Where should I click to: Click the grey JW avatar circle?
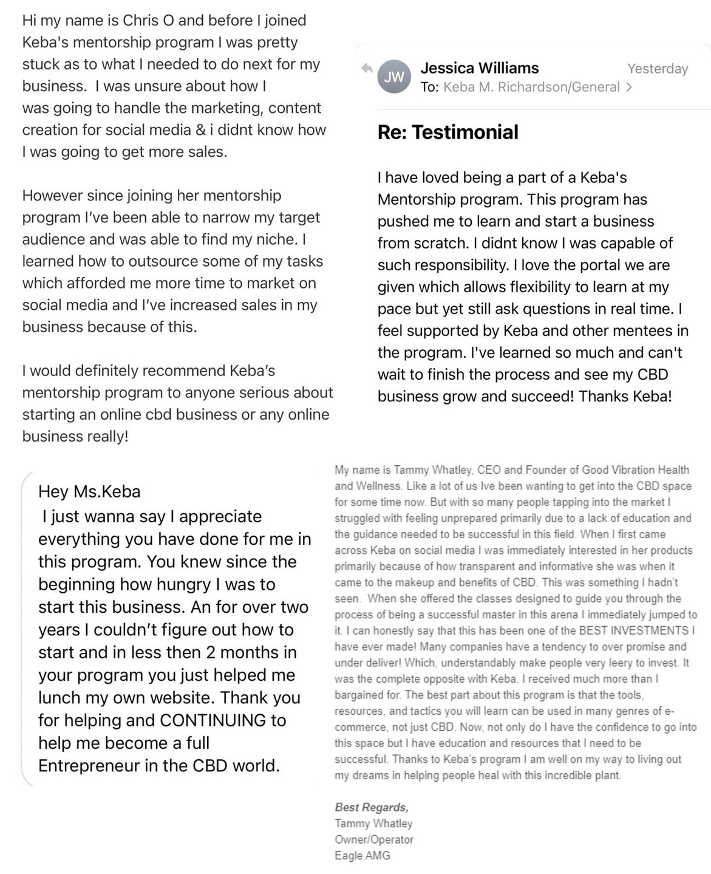pyautogui.click(x=394, y=77)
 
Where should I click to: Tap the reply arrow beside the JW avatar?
pyautogui.click(x=367, y=68)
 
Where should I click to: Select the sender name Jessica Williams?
pyautogui.click(x=479, y=68)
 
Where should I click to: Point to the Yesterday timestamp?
pyautogui.click(x=658, y=69)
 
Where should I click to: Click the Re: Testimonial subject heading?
pyautogui.click(x=447, y=132)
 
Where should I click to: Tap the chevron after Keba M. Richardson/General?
pyautogui.click(x=629, y=87)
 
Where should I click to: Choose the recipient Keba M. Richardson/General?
pyautogui.click(x=531, y=87)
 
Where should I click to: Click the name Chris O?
pyautogui.click(x=149, y=21)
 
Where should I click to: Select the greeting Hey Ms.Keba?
pyautogui.click(x=89, y=491)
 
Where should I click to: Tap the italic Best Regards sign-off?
pyautogui.click(x=372, y=807)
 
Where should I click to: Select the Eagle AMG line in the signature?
pyautogui.click(x=362, y=855)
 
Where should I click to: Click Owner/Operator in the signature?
pyautogui.click(x=374, y=839)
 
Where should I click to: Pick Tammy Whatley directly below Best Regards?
pyautogui.click(x=373, y=824)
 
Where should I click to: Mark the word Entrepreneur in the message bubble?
pyautogui.click(x=89, y=765)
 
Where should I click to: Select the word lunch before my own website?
pyautogui.click(x=61, y=697)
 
